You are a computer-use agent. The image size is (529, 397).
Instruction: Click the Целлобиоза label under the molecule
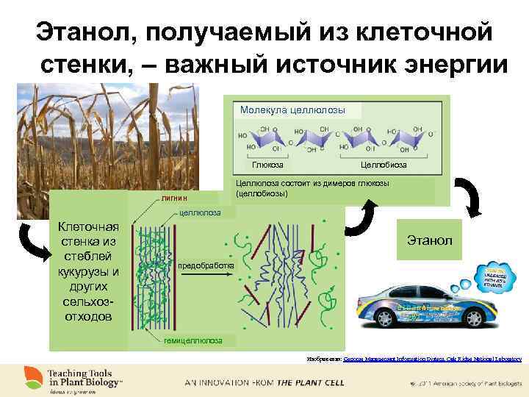tap(384, 165)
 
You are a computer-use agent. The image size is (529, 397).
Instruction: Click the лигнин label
tap(175, 198)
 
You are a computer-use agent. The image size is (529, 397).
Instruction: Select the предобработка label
tap(206, 265)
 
